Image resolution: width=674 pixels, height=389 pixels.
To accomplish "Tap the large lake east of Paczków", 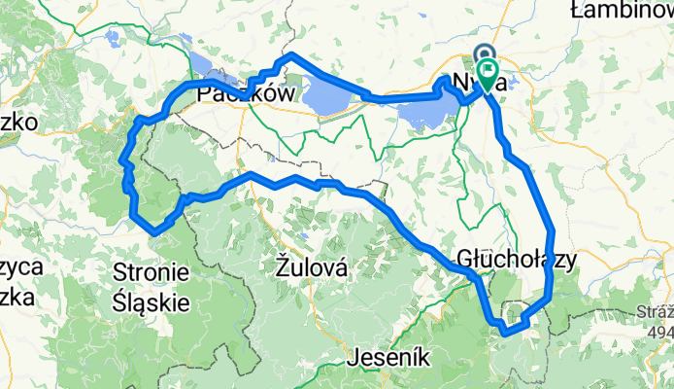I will coord(330,95).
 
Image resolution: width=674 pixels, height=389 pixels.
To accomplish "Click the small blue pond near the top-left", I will coord(114,41).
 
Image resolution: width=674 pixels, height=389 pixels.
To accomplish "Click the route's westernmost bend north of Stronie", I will coord(121,160).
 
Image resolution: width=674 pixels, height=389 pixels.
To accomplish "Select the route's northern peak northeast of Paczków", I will coord(290,54).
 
